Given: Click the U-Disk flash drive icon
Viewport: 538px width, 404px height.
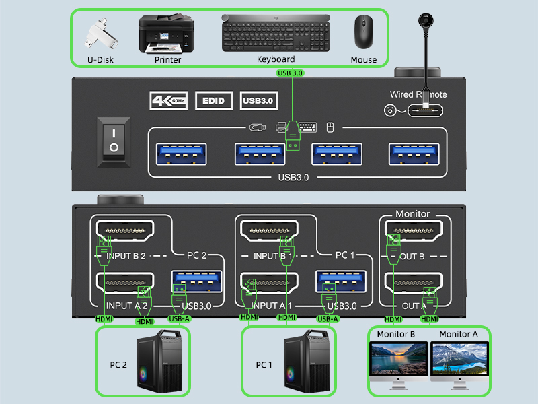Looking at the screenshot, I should pos(99,34).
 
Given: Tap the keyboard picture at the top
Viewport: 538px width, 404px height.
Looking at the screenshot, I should pos(276,33).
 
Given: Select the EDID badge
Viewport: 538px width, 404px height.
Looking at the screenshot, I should pos(213,101).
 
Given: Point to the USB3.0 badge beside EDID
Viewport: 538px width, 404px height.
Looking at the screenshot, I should pos(258,101).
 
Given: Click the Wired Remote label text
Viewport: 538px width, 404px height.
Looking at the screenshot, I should pos(418,94).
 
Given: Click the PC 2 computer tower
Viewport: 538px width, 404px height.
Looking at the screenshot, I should pos(159,364).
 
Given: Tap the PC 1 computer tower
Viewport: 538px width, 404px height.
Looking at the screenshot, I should pos(304,364).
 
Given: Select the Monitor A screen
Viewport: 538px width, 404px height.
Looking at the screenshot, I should pos(459,360).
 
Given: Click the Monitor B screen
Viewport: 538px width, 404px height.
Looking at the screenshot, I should pos(399,360).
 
